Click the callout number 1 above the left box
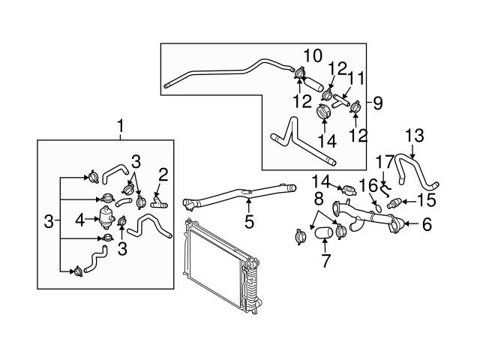click(x=120, y=125)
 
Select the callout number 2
click(x=163, y=175)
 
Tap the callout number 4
click(x=80, y=220)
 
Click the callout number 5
click(x=249, y=222)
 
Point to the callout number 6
click(x=427, y=224)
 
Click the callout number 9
click(x=378, y=103)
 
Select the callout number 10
click(x=313, y=55)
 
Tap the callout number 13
click(x=415, y=136)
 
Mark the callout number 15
click(x=427, y=200)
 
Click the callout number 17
click(x=385, y=162)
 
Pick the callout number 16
click(x=368, y=185)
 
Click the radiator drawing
click(x=222, y=265)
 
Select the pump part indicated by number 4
click(x=106, y=217)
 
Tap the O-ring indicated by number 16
click(x=379, y=208)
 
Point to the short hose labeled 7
click(x=324, y=232)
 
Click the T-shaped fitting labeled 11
click(x=341, y=101)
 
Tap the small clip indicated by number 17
click(x=385, y=190)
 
